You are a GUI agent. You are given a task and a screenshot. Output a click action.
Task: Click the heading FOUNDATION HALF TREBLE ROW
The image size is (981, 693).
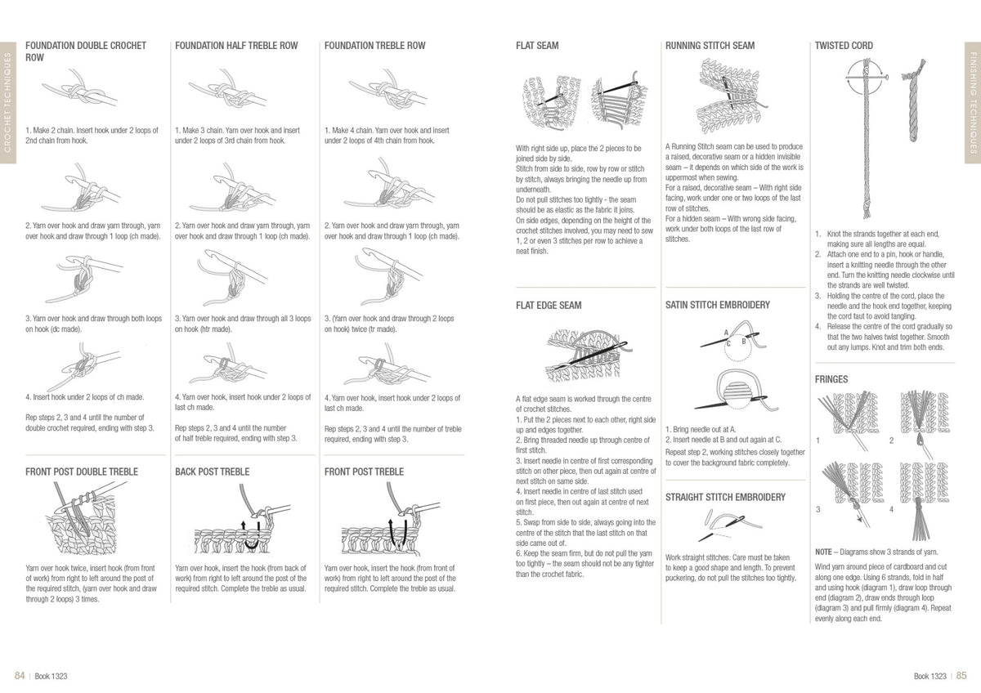coord(236,46)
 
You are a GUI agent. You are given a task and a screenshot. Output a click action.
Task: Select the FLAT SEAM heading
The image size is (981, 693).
coord(537,46)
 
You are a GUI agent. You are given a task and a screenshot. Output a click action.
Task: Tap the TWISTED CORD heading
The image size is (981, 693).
coord(844,46)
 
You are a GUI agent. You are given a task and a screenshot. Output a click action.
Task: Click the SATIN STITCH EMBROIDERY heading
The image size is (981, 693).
coord(718,305)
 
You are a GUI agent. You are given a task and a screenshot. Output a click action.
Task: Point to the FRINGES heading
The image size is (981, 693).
coord(831,379)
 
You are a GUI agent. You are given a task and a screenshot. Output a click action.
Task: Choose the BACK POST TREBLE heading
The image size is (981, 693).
coord(212,472)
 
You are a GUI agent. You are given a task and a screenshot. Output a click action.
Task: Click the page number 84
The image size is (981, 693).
coord(20,675)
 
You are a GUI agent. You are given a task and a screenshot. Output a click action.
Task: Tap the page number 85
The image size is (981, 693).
coord(961,675)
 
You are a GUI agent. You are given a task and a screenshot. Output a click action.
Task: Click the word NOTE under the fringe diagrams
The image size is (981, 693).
coord(823,552)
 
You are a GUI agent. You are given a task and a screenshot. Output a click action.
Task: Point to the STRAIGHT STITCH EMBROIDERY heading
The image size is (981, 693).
coord(725,497)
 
